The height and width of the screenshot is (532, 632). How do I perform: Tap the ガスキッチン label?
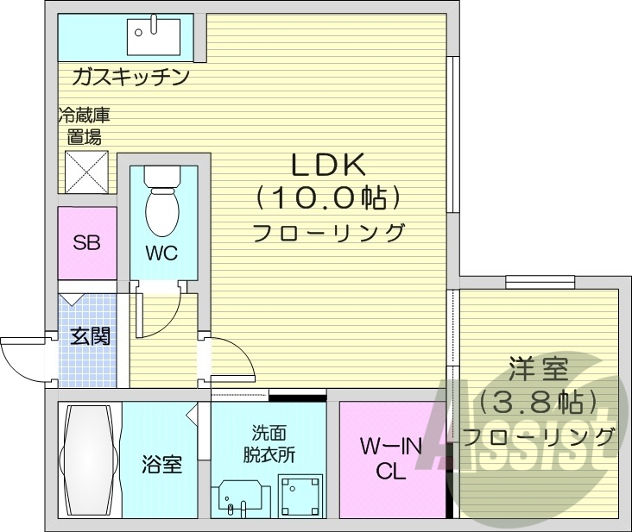click(x=130, y=78)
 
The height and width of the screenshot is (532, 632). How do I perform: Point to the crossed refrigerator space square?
click(x=86, y=171)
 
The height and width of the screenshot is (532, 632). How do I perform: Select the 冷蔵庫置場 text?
click(x=85, y=125)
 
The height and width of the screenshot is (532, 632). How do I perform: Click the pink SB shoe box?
click(x=86, y=242)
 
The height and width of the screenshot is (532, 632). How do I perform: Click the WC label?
click(x=161, y=253)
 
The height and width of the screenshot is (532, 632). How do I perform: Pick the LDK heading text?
click(x=328, y=165)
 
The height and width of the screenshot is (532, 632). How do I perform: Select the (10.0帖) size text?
click(x=328, y=199)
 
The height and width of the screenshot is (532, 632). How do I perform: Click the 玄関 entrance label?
click(x=89, y=335)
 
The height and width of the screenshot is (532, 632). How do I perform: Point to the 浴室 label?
click(x=161, y=465)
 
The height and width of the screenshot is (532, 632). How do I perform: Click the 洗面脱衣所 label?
click(x=269, y=441)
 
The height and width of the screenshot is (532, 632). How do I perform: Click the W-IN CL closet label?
click(x=389, y=458)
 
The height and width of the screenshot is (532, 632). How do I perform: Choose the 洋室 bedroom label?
click(x=538, y=371)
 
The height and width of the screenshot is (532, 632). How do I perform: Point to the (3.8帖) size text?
click(x=538, y=403)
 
